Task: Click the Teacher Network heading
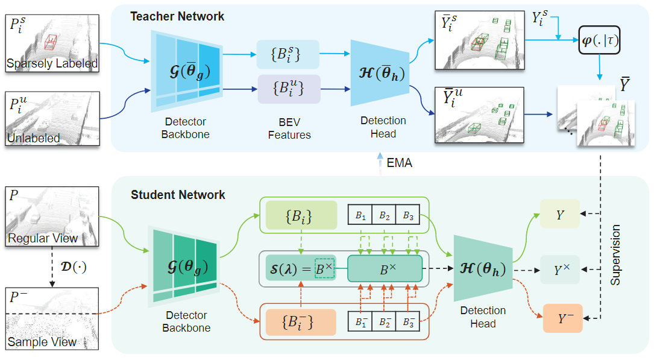click(x=177, y=16)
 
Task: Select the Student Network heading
click(x=178, y=195)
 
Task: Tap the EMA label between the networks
click(x=398, y=163)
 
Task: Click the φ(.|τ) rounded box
click(x=600, y=40)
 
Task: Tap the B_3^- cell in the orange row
click(x=408, y=322)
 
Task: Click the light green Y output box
click(x=560, y=214)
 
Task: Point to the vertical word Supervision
click(x=615, y=256)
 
